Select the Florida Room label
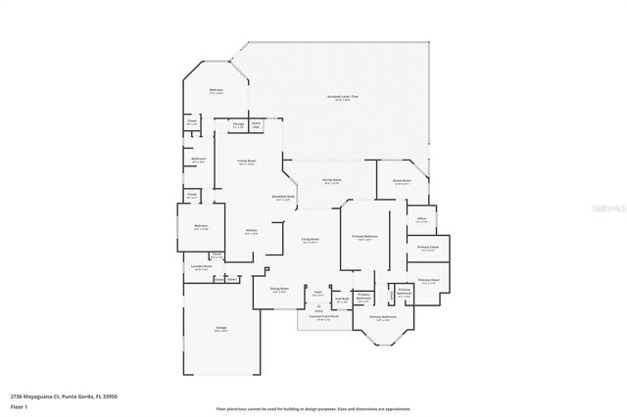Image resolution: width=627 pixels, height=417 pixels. tap(332, 181)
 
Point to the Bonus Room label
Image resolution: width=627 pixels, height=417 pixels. tap(402, 181)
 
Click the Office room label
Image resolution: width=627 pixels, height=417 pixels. tap(420, 219)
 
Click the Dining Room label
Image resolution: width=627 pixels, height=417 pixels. tap(279, 290)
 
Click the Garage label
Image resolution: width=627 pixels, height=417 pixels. tap(221, 329)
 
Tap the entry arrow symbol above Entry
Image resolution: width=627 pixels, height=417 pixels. tap(318, 305)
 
